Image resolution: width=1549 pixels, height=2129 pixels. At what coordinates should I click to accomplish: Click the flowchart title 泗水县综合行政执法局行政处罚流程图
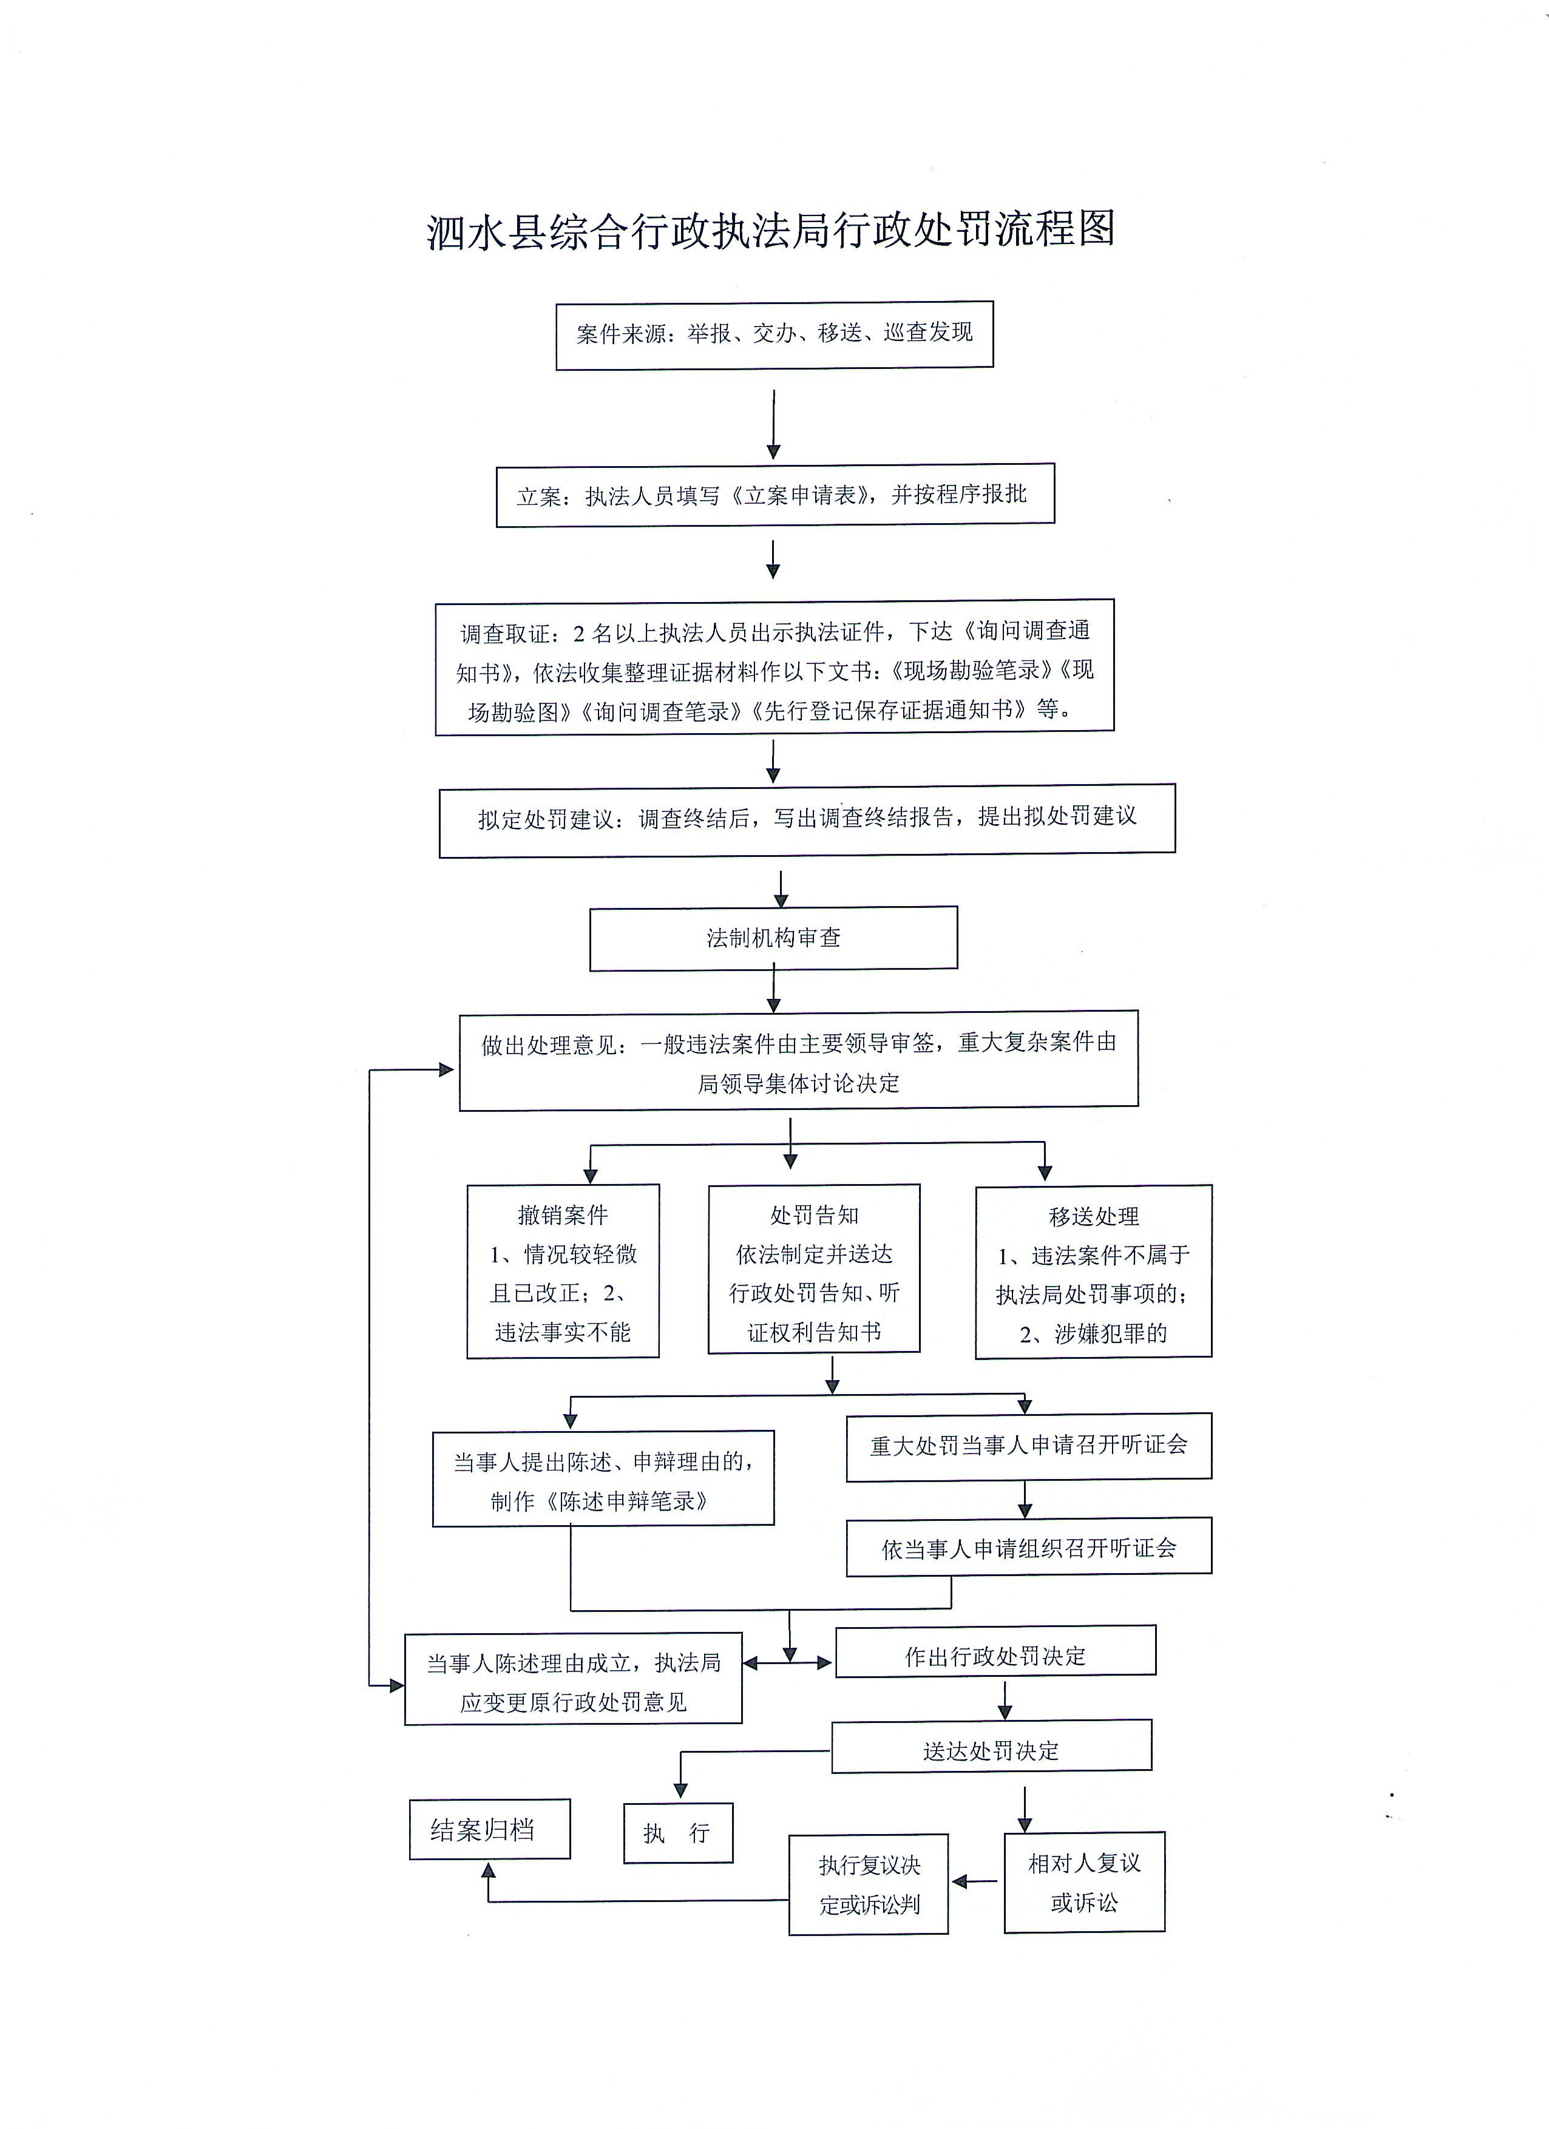[771, 231]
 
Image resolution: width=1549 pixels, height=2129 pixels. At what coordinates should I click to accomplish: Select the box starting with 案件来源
[774, 334]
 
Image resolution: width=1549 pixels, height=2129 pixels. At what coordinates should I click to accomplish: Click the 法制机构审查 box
[773, 938]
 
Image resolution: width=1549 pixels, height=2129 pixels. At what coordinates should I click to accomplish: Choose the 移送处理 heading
[1094, 1217]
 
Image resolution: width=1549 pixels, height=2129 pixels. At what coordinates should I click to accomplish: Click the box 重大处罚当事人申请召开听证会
[1029, 1446]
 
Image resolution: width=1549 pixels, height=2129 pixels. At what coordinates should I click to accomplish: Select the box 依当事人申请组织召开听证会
[1029, 1549]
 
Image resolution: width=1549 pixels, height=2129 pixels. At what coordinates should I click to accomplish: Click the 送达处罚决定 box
[991, 1752]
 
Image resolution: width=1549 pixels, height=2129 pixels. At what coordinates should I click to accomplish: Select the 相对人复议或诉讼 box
[1084, 1882]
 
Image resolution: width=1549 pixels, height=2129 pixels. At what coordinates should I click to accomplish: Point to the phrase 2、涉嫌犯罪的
[1094, 1334]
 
